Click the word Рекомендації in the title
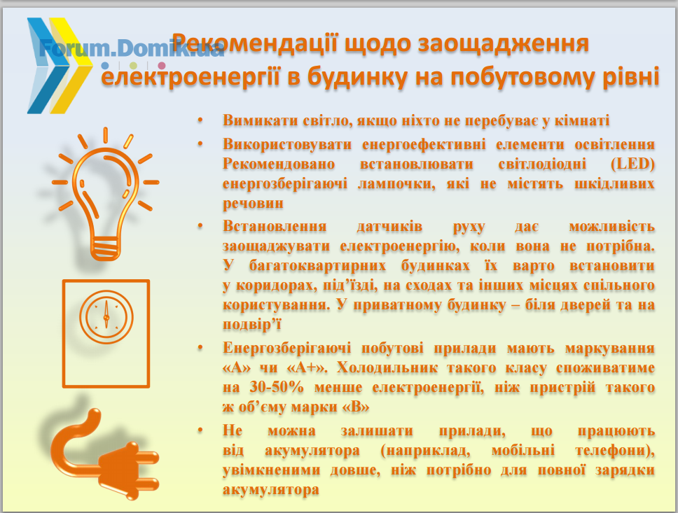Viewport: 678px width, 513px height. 255,43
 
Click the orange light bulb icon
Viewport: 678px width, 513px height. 106,194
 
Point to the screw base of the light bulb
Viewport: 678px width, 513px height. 106,248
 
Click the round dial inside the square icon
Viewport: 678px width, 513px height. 106,317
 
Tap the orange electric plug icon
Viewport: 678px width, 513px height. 106,454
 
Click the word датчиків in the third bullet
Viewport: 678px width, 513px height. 389,227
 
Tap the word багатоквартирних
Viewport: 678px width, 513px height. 318,265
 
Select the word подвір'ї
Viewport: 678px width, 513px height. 252,325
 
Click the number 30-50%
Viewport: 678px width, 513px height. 277,387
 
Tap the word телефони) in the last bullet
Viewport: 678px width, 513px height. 615,451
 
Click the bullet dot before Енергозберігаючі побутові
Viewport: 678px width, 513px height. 200,347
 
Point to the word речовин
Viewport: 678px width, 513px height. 253,204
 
